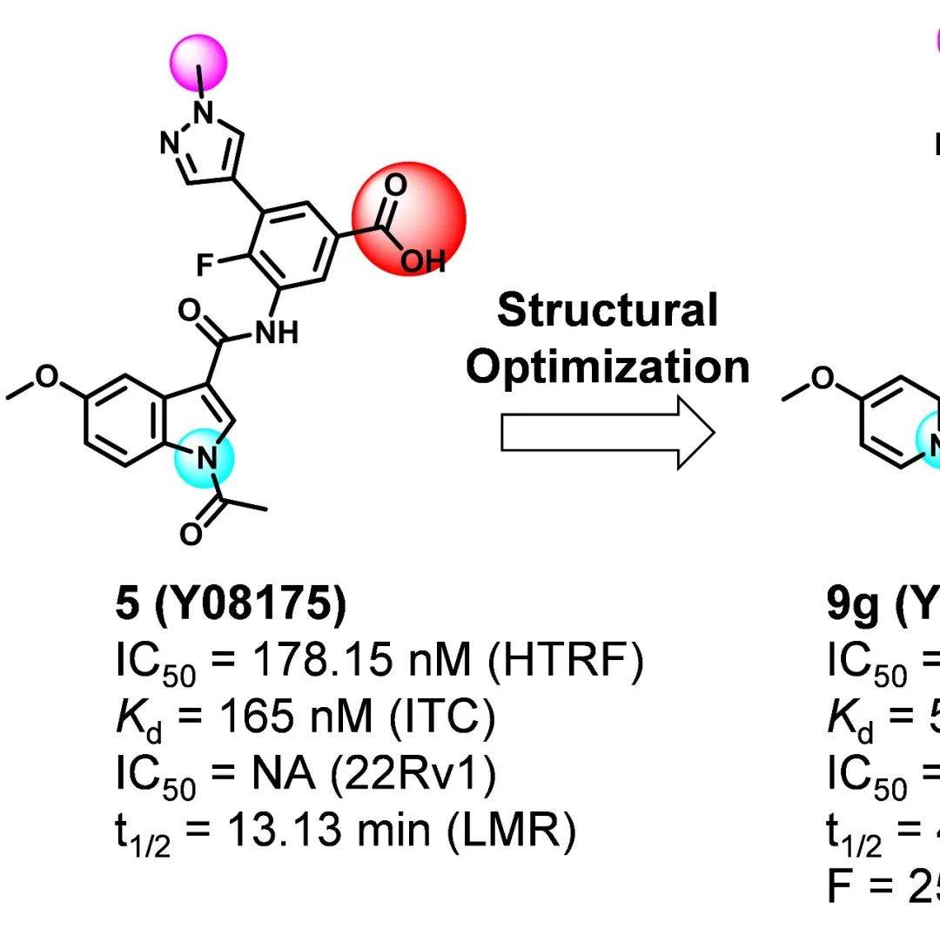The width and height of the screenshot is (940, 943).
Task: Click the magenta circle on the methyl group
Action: click(x=200, y=61)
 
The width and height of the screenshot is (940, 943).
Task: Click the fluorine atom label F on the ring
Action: click(x=206, y=266)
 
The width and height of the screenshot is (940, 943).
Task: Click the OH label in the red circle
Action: click(x=423, y=260)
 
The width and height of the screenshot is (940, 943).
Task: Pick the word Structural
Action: click(x=608, y=310)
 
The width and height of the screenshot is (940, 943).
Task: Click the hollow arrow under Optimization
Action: click(x=608, y=433)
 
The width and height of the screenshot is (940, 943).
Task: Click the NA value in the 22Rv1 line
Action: click(x=278, y=774)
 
